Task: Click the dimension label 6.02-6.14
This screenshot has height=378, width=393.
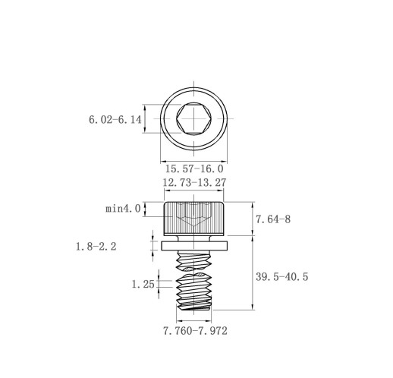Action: click(115, 119)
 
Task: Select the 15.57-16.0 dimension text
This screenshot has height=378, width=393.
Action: click(194, 169)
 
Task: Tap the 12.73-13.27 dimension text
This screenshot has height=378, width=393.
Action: click(194, 182)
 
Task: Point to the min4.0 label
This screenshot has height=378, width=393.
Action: click(123, 209)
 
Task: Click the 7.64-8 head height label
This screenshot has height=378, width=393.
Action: click(273, 219)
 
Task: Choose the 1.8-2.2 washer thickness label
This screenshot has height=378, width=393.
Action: click(96, 246)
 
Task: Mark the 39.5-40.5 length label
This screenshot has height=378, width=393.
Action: click(281, 276)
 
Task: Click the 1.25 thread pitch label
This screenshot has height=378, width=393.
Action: click(143, 284)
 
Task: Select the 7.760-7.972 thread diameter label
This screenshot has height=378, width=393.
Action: click(195, 331)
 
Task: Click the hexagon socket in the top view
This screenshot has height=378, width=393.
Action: click(194, 118)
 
